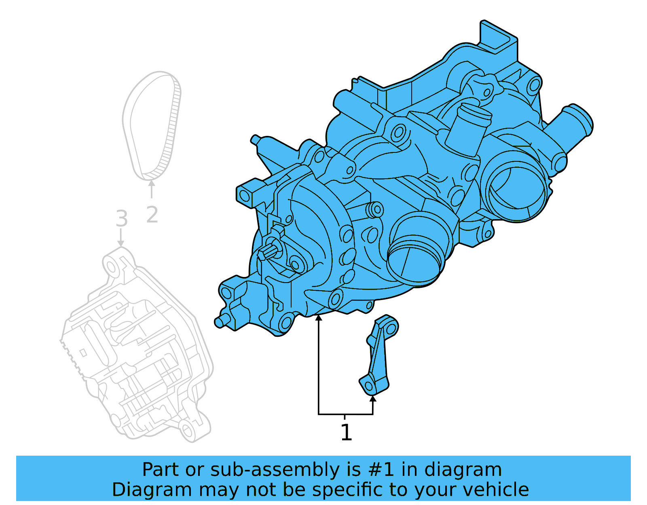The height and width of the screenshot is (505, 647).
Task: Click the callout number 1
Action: (346, 433)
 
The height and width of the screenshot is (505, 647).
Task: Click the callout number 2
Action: (152, 215)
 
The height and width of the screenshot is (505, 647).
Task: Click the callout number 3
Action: (121, 219)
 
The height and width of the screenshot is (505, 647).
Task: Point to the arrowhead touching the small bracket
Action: (373, 399)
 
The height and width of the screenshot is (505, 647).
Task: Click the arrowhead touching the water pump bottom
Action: (319, 318)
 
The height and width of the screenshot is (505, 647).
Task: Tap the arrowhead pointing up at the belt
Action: (152, 184)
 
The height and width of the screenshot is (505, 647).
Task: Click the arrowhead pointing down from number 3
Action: (121, 243)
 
